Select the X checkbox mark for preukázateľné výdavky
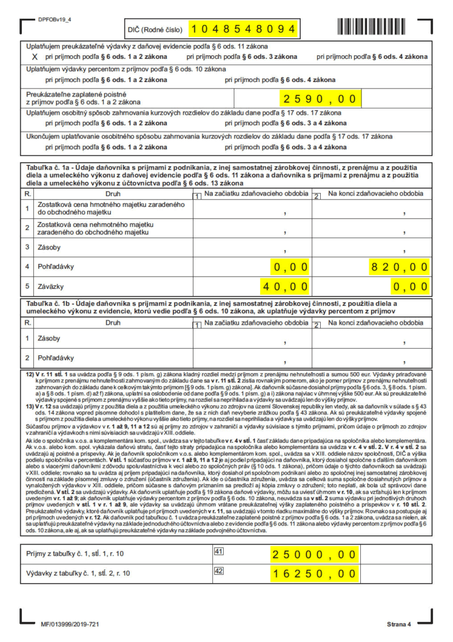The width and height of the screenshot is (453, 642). (x=35, y=57)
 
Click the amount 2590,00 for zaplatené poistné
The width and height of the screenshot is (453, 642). (x=319, y=99)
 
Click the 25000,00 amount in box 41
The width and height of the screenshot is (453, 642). (x=313, y=554)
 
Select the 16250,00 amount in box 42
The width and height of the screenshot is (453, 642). (x=313, y=573)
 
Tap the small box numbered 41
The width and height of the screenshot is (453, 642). (x=219, y=552)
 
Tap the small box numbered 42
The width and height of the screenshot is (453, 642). (x=219, y=571)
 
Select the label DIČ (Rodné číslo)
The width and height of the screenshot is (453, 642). (x=155, y=29)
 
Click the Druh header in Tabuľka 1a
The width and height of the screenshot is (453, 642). (x=113, y=195)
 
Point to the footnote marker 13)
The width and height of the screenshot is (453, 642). (x=30, y=406)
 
